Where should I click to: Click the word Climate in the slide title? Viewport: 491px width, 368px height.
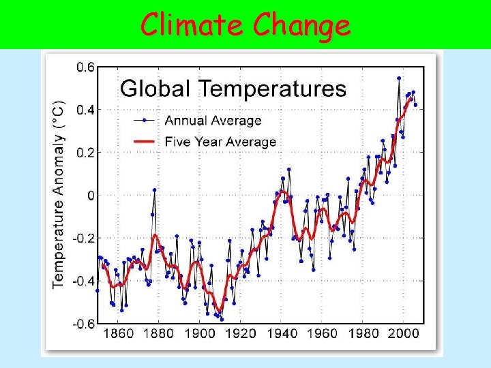coord(192,25)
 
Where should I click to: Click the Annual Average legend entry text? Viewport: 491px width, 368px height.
coord(213,121)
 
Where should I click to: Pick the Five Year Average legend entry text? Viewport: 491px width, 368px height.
coord(220,142)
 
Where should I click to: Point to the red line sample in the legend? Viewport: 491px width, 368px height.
coord(146,142)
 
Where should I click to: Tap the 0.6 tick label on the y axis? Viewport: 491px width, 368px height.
coord(85,67)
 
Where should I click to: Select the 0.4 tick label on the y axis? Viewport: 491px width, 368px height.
coord(85,110)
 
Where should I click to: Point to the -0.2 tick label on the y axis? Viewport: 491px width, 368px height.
coord(83,239)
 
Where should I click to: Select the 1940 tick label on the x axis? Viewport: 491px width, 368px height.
coord(282,334)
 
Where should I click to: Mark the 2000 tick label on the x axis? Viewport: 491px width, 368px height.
coord(405,334)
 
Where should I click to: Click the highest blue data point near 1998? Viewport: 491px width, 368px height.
coord(399,78)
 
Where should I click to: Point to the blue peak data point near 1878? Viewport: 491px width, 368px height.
coord(155,189)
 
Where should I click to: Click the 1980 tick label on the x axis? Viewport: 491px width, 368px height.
coord(364,334)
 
